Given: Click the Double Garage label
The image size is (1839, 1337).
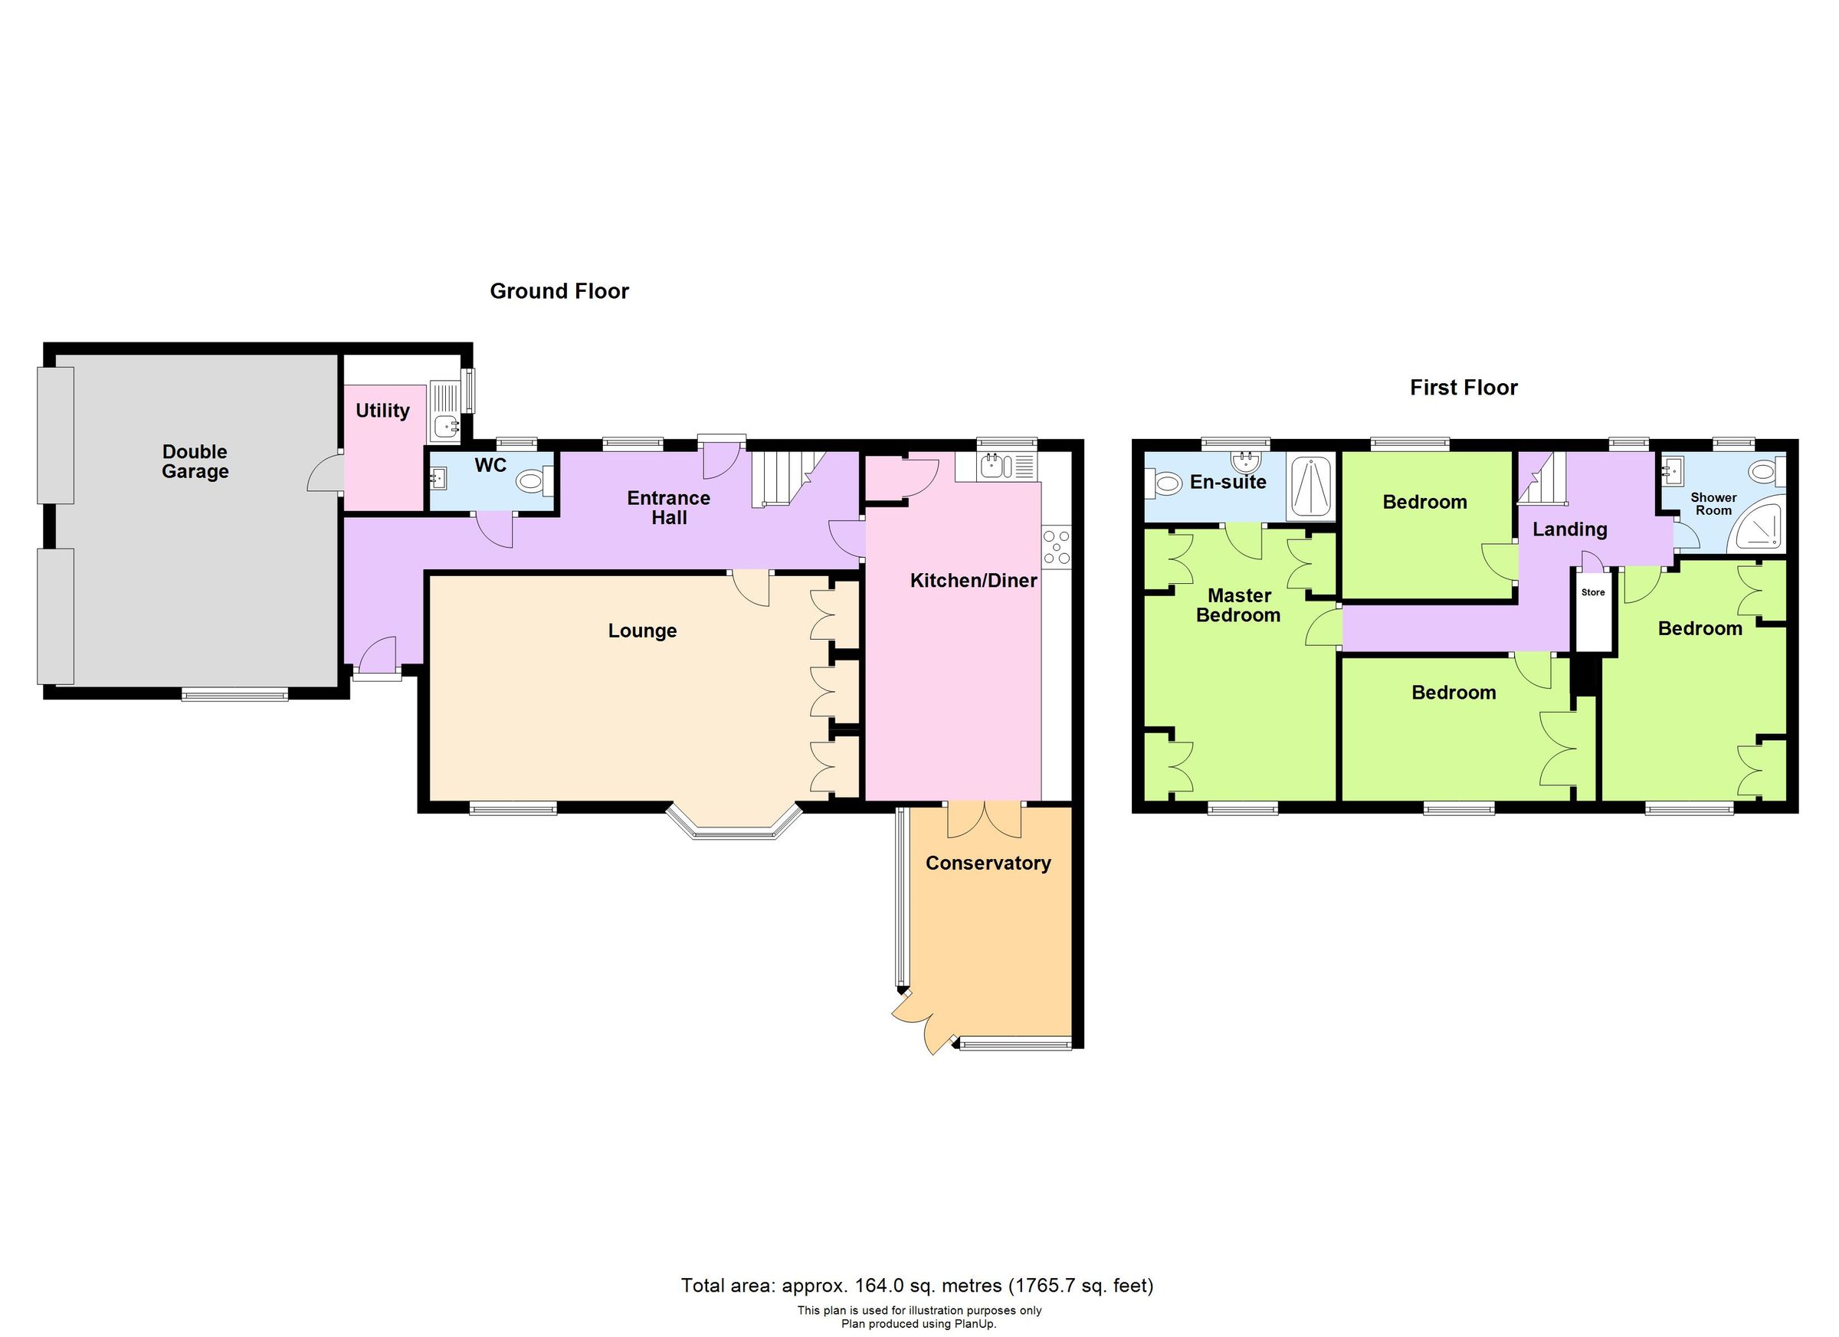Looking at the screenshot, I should coord(195,461).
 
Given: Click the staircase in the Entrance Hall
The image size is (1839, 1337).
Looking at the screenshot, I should coord(780,479).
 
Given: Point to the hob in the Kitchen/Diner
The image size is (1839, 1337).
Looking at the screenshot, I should coord(1057,546).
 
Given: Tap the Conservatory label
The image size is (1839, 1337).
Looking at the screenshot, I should coord(988,863).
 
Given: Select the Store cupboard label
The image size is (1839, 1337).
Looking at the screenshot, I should coord(1592,593).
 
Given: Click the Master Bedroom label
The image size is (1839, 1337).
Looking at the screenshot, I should coord(1238,605).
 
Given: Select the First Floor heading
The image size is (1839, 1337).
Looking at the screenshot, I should coord(1463,388).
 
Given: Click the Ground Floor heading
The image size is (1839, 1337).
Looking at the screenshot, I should coord(559,291).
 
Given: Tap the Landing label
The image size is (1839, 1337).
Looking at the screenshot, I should coord(1569,529).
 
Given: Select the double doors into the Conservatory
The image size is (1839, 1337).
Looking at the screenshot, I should coord(985,820).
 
